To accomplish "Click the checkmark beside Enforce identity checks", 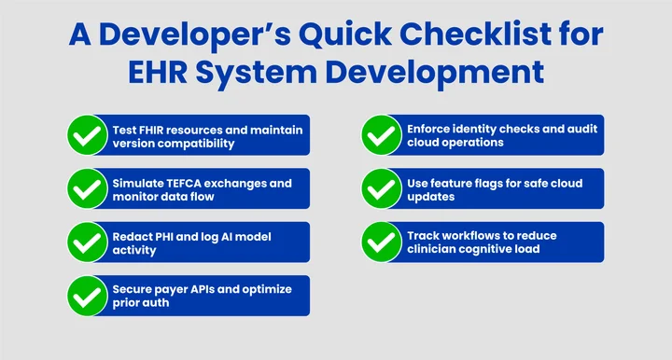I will [381, 136].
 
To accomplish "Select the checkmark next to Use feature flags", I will [381, 189].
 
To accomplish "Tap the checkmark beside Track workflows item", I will [381, 242].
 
